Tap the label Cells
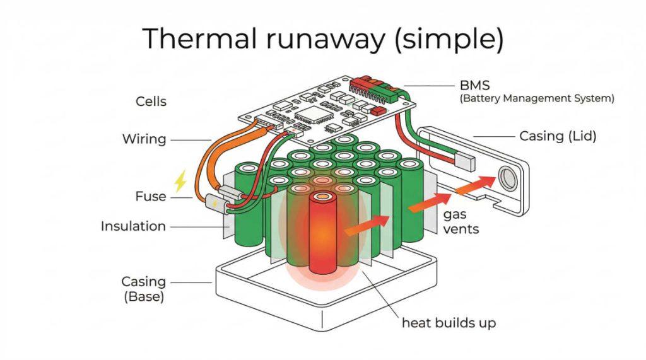pos(151,102)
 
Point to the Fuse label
pos(151,197)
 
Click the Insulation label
pos(133,226)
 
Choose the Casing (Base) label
pos(143,289)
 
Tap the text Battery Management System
pos(537,99)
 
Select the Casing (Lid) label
pos(558,136)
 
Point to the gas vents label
pos(461,222)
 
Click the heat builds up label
pos(449,323)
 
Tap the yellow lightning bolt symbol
pos(181,181)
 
